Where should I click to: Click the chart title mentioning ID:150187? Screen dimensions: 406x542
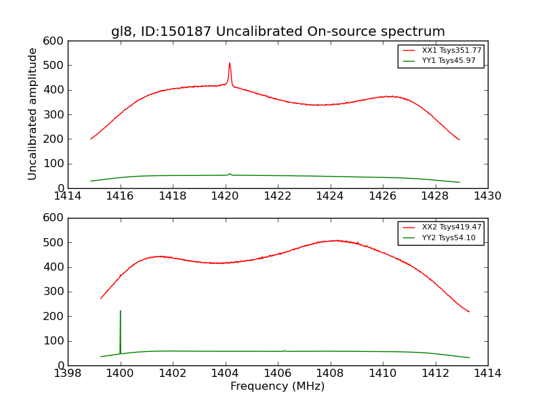tap(278, 32)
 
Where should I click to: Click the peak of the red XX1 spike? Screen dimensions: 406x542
tap(230, 64)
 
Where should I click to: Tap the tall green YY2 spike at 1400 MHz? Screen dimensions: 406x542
tap(121, 312)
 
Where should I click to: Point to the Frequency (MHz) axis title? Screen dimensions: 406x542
tap(278, 386)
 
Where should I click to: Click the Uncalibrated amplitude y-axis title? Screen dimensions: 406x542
tap(33, 114)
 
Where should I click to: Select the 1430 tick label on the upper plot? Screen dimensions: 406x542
tap(488, 196)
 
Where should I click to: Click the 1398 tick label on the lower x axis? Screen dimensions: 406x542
tap(68, 374)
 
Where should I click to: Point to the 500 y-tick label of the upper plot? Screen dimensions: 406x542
tap(54, 66)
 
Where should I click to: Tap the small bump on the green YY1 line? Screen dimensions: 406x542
tap(230, 174)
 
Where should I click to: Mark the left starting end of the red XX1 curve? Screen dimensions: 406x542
tap(91, 139)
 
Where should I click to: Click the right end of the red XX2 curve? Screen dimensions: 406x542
tap(469, 312)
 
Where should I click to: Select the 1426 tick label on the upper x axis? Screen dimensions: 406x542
tap(383, 196)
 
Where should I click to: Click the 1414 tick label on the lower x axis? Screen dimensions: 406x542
tap(488, 374)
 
